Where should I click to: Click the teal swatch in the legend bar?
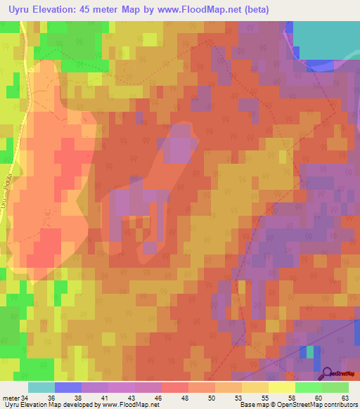pyautogui.click(x=41, y=387)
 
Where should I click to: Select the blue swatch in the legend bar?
pyautogui.click(x=68, y=387)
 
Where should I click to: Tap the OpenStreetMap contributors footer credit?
pyautogui.click(x=318, y=405)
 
